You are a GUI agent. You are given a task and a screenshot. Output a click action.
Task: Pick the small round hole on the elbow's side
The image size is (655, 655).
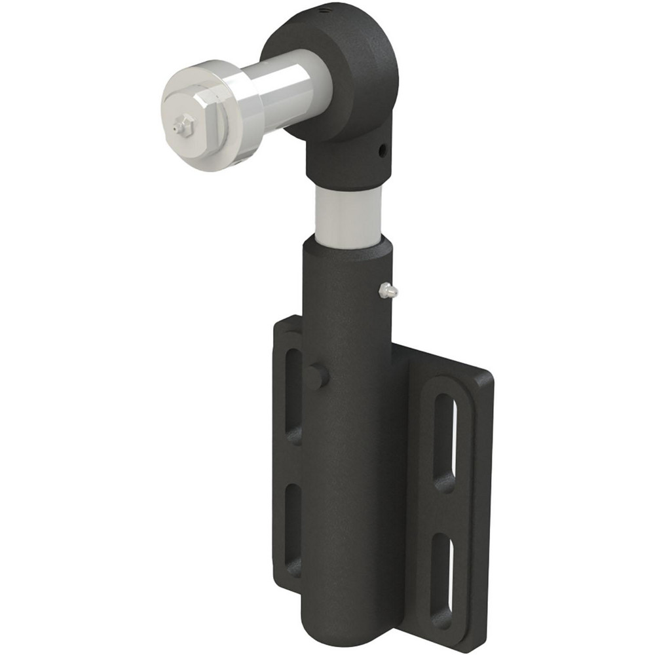[382, 152]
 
